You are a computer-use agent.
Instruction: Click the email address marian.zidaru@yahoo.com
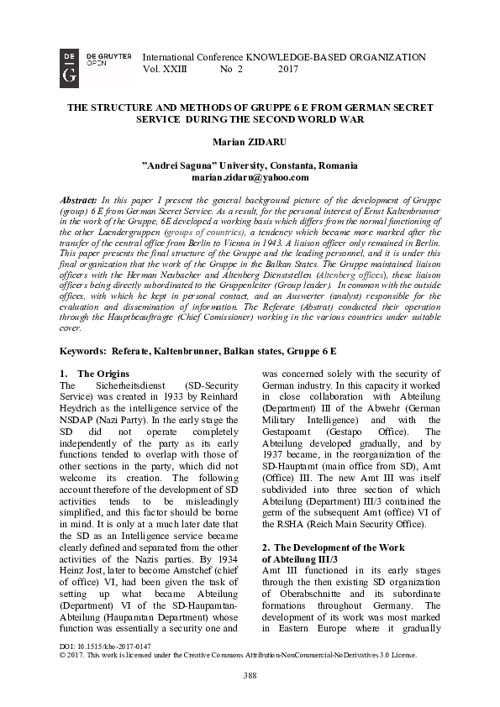[250, 177]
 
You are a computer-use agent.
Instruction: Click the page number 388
[250, 675]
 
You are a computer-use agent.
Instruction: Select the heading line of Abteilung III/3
[300, 559]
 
